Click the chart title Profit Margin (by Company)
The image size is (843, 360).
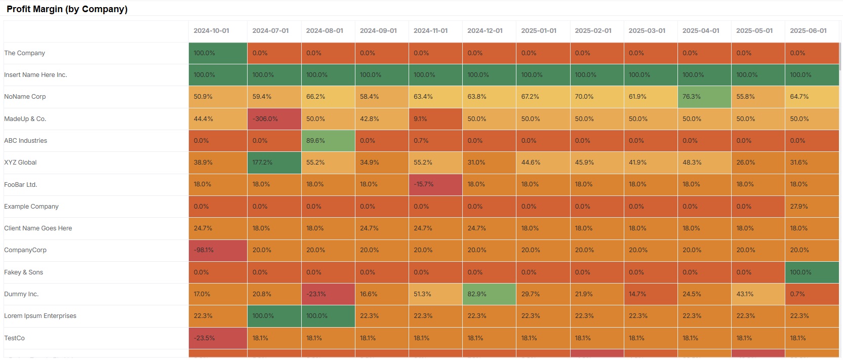[x=67, y=9]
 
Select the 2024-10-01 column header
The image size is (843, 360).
[x=211, y=31]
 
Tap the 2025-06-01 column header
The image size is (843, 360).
[x=808, y=31]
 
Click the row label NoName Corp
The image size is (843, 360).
[x=25, y=97]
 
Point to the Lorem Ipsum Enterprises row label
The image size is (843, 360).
[x=40, y=316]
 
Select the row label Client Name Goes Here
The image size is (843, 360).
[x=38, y=228]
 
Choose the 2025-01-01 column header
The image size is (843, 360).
[x=539, y=31]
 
